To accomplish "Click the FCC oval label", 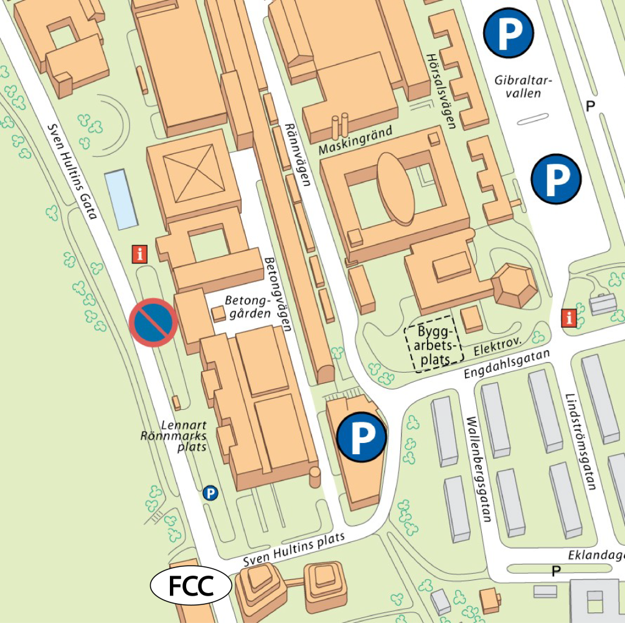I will (x=191, y=586).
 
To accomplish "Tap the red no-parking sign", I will (x=154, y=322).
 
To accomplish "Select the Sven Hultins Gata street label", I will (x=73, y=171).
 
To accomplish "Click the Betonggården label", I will (x=250, y=307).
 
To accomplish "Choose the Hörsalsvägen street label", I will (x=441, y=90).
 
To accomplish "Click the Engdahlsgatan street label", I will (x=508, y=364).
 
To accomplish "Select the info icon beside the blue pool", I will (x=141, y=254).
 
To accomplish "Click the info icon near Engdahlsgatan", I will (x=568, y=317).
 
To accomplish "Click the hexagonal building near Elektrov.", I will (x=514, y=285).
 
